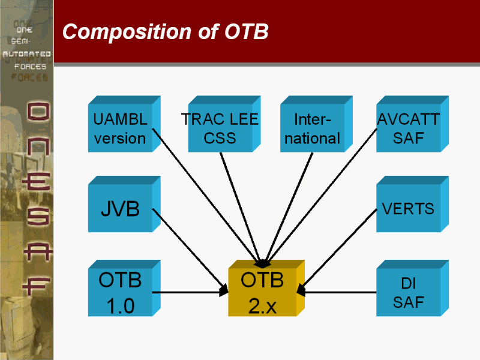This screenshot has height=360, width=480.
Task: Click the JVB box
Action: click(120, 209)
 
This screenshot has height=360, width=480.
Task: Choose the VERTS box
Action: click(408, 209)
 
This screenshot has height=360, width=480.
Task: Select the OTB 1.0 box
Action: click(120, 293)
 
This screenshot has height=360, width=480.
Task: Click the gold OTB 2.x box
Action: click(262, 293)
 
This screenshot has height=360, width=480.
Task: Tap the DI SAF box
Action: click(408, 293)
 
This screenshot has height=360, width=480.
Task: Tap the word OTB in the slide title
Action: click(246, 32)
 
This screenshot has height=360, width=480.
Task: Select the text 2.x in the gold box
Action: click(262, 306)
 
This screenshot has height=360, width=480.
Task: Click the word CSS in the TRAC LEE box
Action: click(220, 138)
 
